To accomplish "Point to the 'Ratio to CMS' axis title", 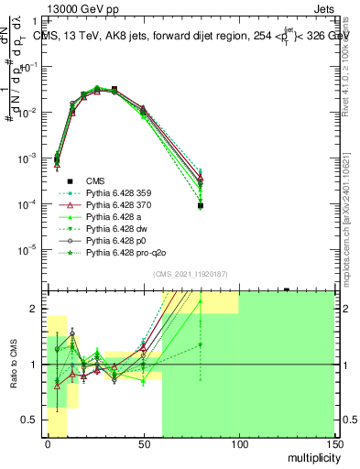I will [12, 364].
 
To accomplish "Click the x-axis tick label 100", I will [239, 443].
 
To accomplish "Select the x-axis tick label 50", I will [143, 443].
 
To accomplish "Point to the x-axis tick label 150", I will [333, 443].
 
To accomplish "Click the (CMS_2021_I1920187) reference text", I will [190, 274].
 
